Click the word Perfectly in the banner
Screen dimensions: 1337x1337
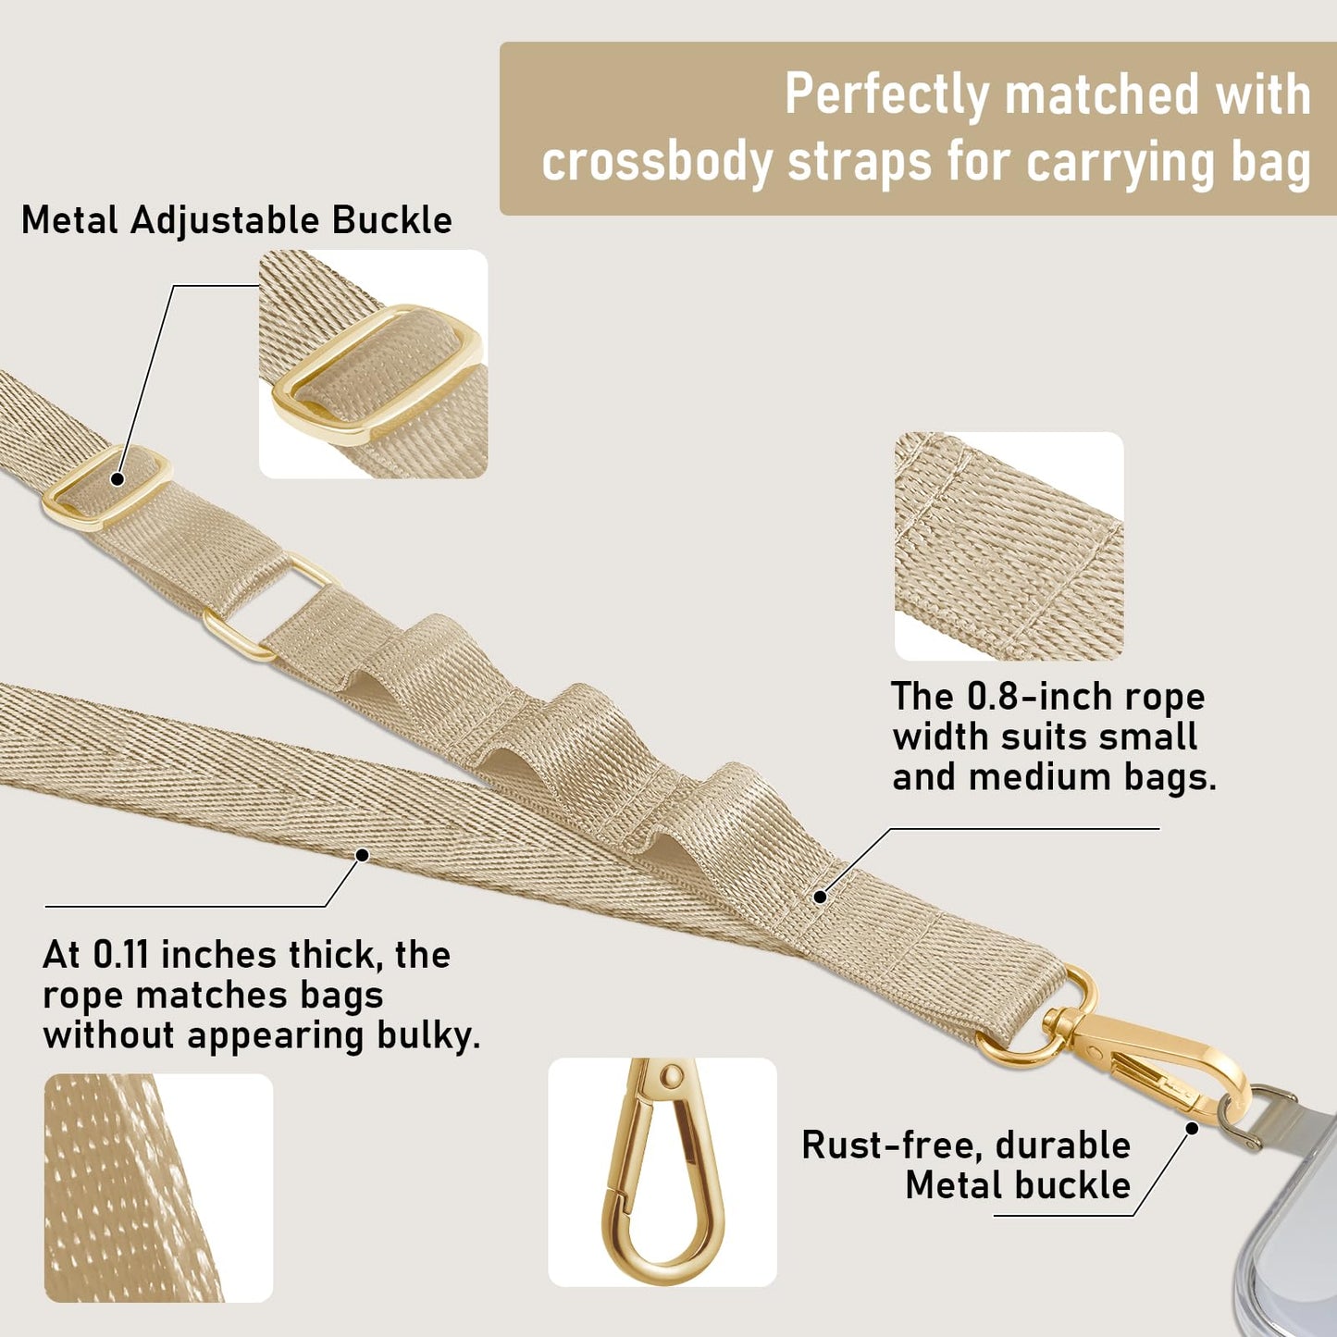pos(886,95)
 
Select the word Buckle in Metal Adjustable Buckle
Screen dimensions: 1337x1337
pos(392,220)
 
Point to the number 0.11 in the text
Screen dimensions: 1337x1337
pos(120,955)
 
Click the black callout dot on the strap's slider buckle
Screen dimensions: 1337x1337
pos(118,478)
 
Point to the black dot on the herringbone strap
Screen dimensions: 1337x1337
pos(362,856)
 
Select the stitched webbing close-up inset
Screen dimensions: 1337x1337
pos(1009,546)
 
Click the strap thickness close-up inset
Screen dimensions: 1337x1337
pos(159,1188)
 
